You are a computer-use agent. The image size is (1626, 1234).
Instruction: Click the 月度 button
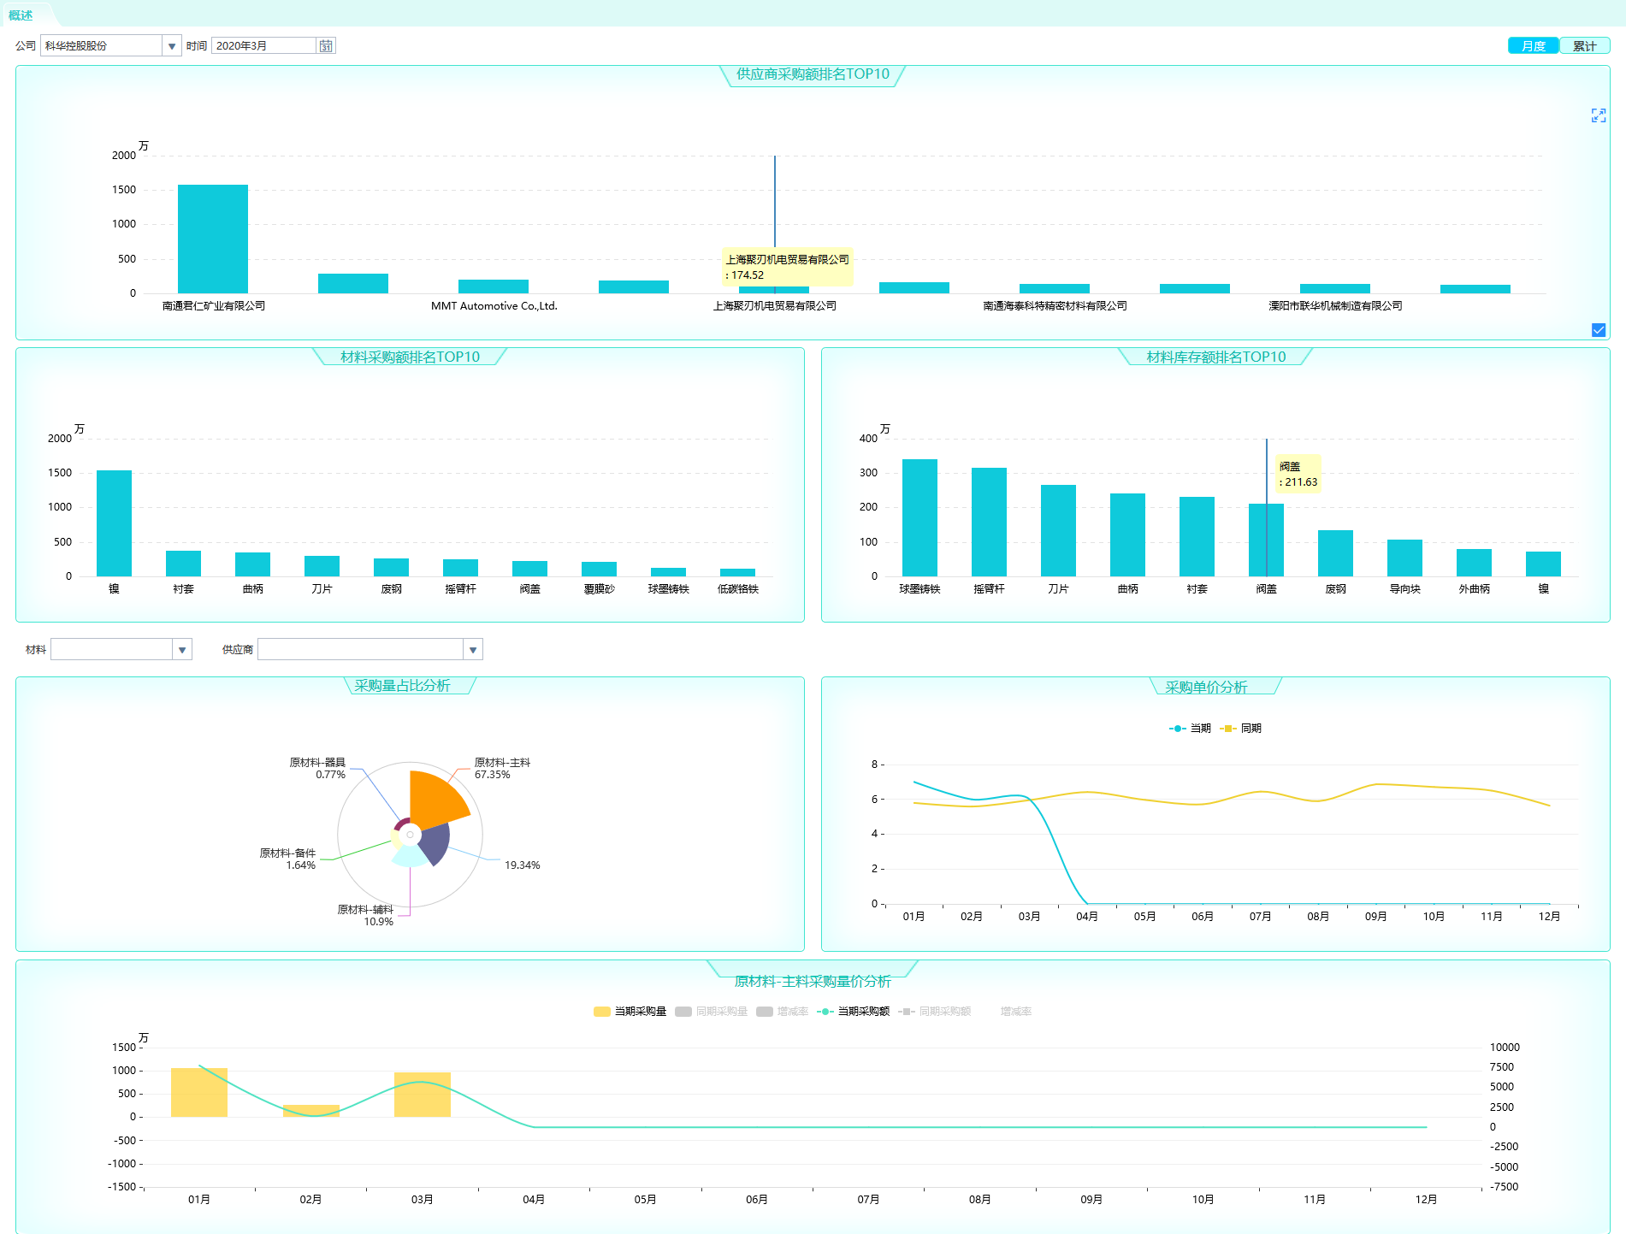[1533, 46]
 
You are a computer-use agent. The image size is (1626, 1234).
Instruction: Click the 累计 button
[1584, 46]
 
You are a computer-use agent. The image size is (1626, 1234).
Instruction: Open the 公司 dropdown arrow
[172, 46]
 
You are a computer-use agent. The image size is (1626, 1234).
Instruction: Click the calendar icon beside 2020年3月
[326, 46]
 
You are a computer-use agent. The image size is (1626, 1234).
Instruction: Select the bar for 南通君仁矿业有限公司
[213, 239]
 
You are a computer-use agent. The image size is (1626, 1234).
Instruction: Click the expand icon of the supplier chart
[1598, 115]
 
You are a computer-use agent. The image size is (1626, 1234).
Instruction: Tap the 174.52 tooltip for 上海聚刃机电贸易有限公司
[788, 268]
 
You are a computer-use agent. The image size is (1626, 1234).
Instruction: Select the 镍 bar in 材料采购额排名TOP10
[114, 523]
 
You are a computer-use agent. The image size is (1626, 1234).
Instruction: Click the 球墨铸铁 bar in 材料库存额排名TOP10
[919, 517]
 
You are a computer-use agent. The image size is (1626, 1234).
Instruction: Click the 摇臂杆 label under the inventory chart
[989, 589]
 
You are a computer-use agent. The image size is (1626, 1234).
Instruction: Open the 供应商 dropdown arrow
[473, 650]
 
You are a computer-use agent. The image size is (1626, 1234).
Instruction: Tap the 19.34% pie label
[522, 865]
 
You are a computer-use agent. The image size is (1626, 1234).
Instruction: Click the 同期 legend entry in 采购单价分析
[1242, 729]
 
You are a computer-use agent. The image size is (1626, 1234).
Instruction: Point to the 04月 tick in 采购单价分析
[1086, 917]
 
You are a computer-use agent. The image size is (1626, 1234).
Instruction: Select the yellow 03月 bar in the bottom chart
[423, 1095]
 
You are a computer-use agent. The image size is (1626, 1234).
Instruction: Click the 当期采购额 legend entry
[854, 1012]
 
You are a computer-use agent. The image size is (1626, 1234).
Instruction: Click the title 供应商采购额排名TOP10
[813, 74]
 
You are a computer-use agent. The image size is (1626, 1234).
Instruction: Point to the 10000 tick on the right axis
[1505, 1048]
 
